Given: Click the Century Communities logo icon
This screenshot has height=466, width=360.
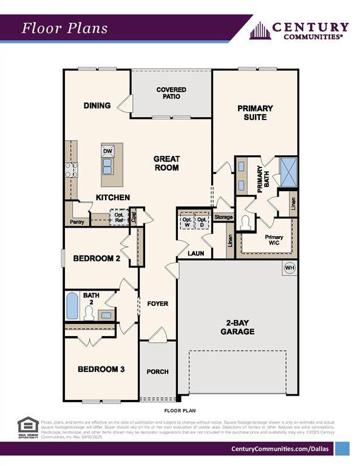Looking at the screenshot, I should (x=259, y=30).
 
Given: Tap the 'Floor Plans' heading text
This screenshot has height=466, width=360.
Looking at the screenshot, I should (x=65, y=28).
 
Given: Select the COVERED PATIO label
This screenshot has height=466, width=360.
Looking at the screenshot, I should (x=171, y=93).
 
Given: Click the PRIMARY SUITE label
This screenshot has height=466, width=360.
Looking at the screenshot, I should (x=255, y=112).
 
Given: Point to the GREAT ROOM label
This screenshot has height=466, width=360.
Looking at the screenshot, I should (x=166, y=163).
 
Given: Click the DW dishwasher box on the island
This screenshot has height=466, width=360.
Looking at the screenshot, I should (x=108, y=151).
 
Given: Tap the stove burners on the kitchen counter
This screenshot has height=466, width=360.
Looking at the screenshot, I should (x=71, y=169).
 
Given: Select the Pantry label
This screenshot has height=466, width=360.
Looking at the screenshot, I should (x=77, y=222).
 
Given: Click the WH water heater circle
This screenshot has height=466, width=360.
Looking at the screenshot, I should (x=290, y=268).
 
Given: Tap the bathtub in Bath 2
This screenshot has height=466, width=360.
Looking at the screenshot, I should (x=72, y=306).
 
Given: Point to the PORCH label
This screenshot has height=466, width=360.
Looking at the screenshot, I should (x=158, y=371).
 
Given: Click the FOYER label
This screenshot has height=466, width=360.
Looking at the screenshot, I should (x=158, y=303).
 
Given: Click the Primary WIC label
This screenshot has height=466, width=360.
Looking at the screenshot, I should (x=274, y=240).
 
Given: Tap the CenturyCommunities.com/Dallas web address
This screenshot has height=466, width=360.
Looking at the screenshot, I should (x=281, y=448).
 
